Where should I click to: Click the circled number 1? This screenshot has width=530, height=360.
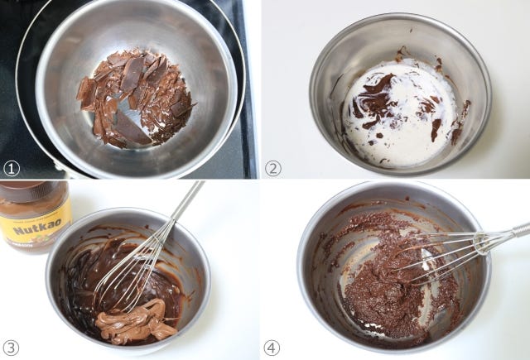(12, 169)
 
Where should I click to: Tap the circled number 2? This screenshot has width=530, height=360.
(273, 168)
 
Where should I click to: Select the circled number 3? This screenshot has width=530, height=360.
(11, 348)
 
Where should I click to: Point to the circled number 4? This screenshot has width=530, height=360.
(272, 348)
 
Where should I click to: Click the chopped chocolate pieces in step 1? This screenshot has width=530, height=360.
(135, 98)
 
